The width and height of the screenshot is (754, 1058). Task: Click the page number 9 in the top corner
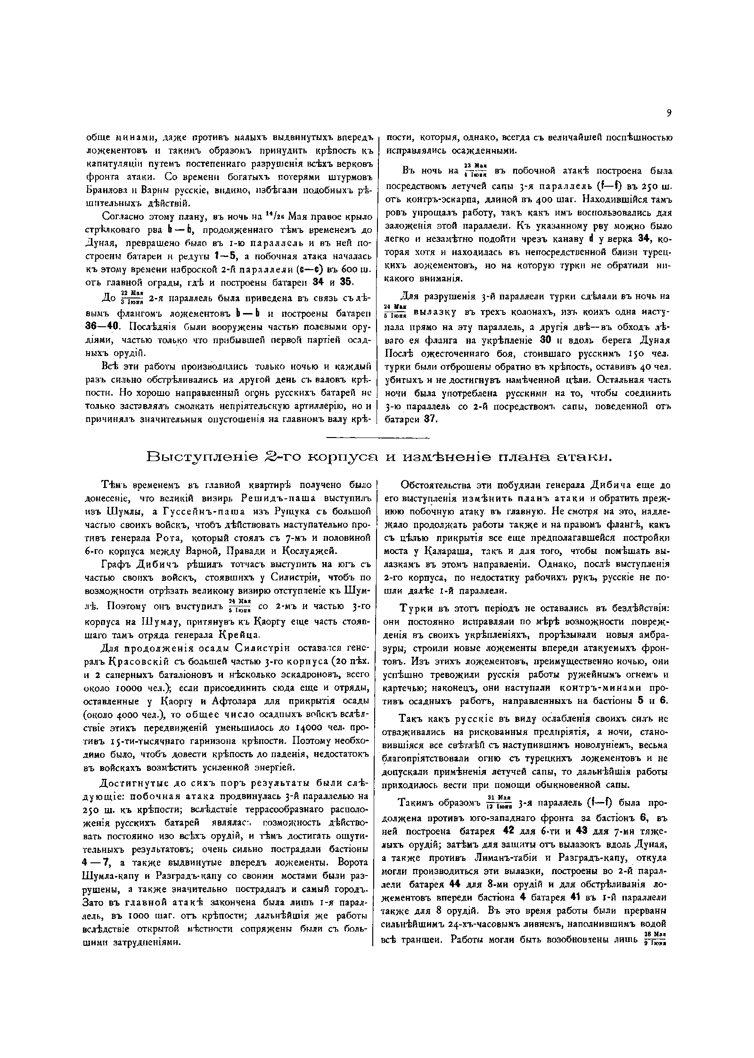669,113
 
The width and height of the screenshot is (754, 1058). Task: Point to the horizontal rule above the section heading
378,438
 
